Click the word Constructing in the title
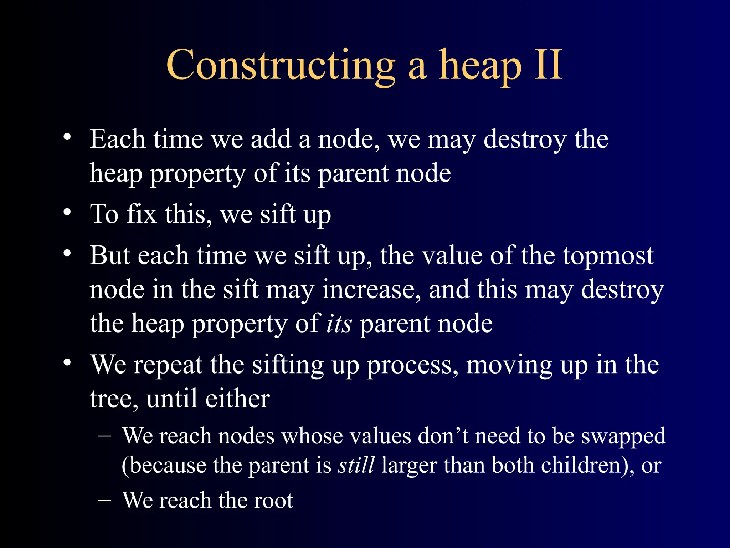tap(281, 66)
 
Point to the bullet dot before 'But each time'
tap(67, 254)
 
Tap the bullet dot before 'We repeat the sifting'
tap(67, 363)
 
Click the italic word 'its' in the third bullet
tap(339, 324)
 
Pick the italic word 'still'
tap(356, 465)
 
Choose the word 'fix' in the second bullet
tap(142, 214)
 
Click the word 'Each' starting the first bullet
tap(117, 139)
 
